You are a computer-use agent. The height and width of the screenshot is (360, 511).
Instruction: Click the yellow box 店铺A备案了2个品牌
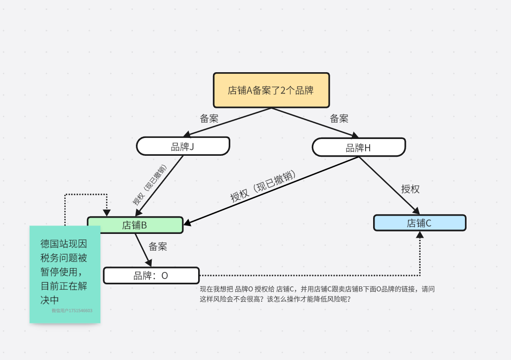coord(271,90)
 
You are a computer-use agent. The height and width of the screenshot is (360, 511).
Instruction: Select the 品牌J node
coord(183,146)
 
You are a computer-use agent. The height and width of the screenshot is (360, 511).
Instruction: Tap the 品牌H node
coord(358,147)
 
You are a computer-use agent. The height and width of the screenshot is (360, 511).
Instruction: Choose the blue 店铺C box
coord(419,223)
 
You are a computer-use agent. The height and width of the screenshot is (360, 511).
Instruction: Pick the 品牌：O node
coord(151,275)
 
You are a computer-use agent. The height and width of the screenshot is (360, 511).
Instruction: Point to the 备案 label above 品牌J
coord(209,119)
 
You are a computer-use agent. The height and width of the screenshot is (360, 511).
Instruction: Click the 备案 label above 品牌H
coord(339,119)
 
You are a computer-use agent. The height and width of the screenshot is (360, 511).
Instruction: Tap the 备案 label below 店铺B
coord(158,246)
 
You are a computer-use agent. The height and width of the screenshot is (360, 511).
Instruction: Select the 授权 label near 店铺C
coord(410,189)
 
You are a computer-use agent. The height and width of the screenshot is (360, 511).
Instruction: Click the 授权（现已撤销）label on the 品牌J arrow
coord(149,185)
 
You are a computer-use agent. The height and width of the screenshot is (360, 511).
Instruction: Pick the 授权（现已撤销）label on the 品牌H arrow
coord(263,186)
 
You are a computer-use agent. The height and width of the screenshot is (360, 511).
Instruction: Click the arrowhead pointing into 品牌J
coord(187,135)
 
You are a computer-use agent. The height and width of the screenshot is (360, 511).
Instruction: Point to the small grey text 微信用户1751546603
coord(72,311)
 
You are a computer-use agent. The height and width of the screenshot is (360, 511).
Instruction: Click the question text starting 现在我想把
coord(317,294)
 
